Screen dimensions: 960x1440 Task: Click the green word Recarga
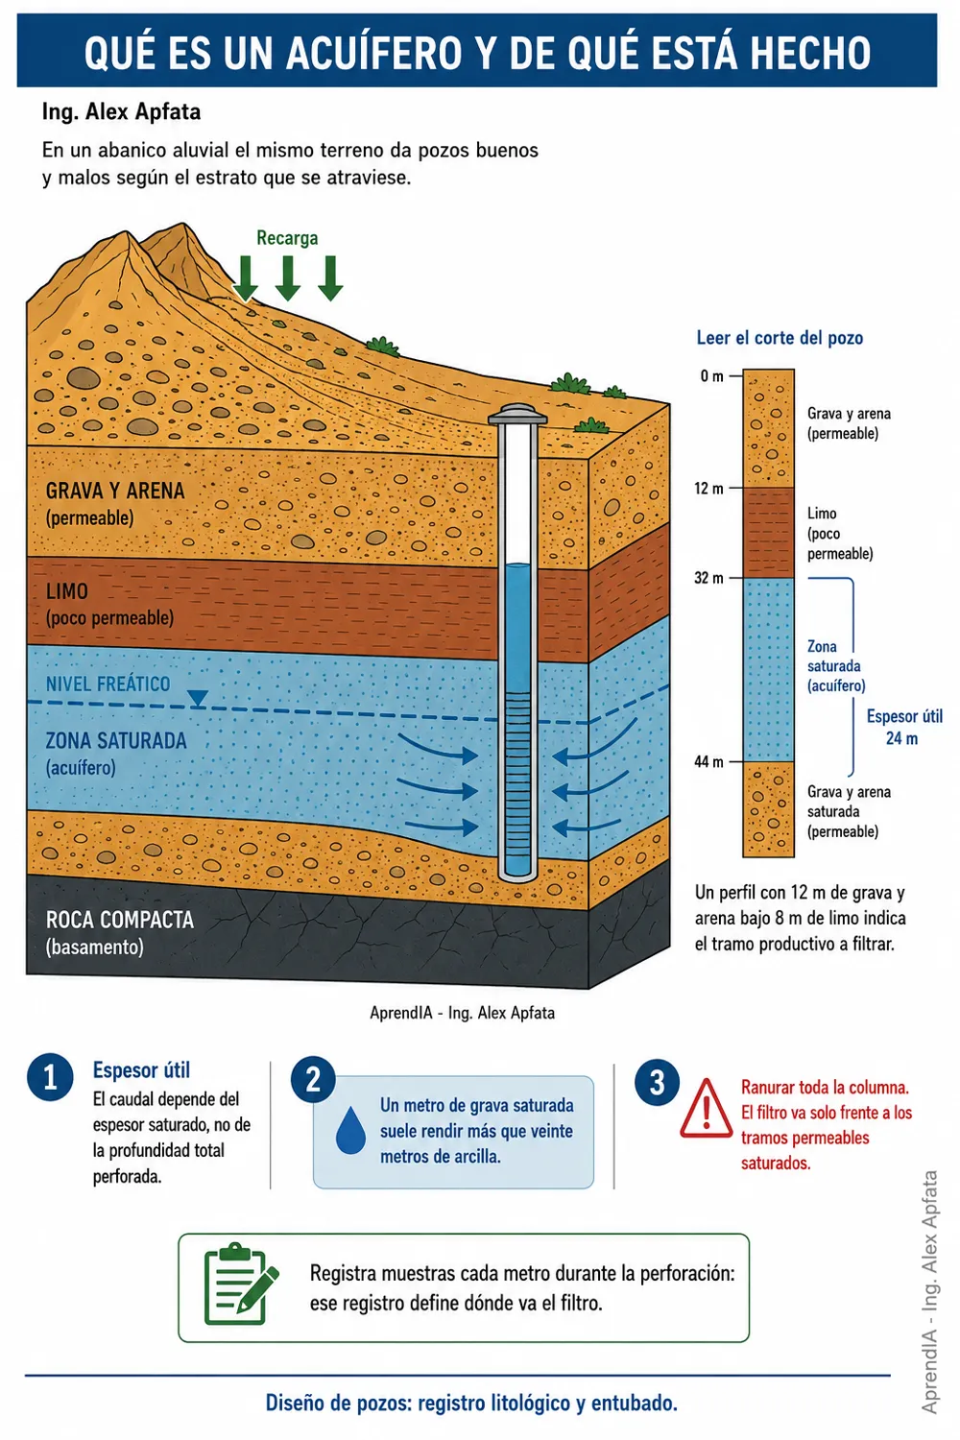(x=287, y=238)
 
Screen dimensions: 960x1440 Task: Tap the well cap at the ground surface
(x=517, y=414)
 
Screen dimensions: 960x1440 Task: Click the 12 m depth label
(x=708, y=489)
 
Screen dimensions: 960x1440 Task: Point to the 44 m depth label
(x=708, y=762)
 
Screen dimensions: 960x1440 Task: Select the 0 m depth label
(x=711, y=376)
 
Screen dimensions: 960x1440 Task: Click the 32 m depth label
(x=708, y=578)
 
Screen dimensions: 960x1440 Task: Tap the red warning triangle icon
(x=706, y=1108)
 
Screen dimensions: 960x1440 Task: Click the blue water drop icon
(x=350, y=1130)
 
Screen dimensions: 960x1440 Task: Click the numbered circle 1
(x=50, y=1078)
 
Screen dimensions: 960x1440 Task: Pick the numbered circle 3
(x=658, y=1083)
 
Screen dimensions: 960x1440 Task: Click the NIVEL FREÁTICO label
(x=108, y=684)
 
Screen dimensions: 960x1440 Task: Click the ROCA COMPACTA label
(x=120, y=920)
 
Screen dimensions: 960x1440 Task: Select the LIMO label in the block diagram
(x=67, y=591)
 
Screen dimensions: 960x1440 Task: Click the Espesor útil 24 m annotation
(x=903, y=727)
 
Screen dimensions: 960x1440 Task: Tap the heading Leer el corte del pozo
(x=780, y=338)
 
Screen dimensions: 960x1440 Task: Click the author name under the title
(x=122, y=112)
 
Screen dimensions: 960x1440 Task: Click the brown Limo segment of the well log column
(x=768, y=533)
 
